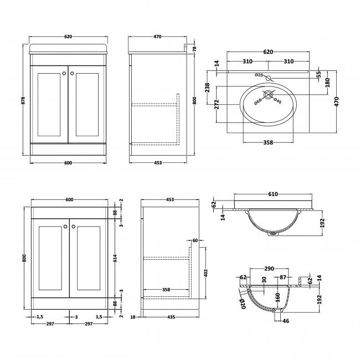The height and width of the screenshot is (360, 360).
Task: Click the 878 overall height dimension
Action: coord(24,100)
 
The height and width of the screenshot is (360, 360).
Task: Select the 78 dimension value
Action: coord(194,49)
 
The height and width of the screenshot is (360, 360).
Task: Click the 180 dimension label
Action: coord(327,83)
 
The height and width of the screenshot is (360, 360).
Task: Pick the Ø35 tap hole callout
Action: coord(259,75)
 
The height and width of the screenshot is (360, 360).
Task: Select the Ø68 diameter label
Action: coord(258,100)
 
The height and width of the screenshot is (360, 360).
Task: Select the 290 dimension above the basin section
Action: coord(270,269)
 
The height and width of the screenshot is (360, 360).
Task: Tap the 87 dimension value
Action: coord(283,277)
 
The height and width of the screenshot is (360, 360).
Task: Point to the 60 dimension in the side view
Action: coord(196,240)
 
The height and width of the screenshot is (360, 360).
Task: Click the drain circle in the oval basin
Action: coord(268,95)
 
